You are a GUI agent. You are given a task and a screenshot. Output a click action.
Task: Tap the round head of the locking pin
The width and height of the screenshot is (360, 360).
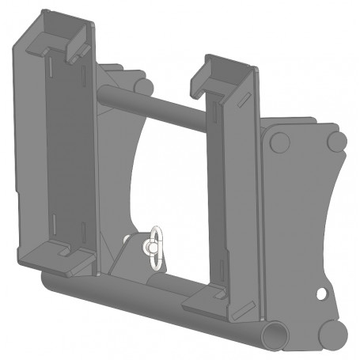click(146, 247)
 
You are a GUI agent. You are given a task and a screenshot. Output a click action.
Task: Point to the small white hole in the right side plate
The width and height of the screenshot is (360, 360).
click(321, 294)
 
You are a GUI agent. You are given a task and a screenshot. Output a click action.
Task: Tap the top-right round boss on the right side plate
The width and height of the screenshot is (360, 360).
click(336, 142)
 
